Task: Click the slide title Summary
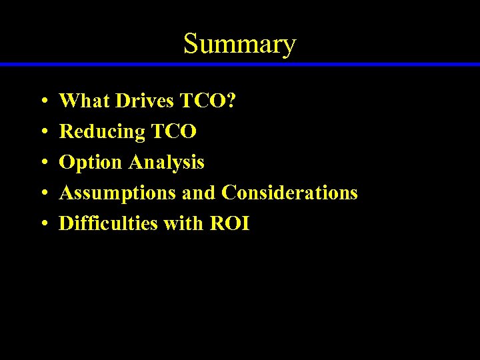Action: point(239,44)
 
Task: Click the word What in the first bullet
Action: point(85,101)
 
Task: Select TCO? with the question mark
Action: point(207,101)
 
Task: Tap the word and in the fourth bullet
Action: point(199,193)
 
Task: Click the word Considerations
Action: point(289,193)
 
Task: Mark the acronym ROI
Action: point(230,224)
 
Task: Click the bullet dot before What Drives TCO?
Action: point(43,103)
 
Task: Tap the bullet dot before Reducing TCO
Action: point(43,133)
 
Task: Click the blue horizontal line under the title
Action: point(240,64)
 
